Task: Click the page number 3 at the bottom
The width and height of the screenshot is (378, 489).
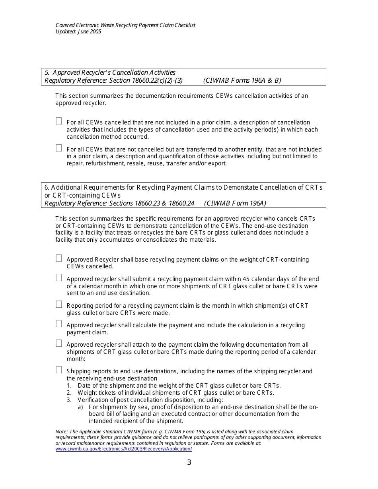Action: point(189,462)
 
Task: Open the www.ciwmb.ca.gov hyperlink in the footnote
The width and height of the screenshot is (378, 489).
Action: point(123,449)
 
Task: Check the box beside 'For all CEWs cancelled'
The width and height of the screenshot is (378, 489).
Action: point(59,121)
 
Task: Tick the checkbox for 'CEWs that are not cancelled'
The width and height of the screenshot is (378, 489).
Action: point(59,148)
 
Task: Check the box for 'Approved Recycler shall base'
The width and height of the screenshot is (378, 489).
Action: point(59,258)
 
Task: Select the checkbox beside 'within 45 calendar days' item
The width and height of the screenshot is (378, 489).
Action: point(59,277)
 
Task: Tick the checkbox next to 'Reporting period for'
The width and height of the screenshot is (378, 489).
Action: point(59,304)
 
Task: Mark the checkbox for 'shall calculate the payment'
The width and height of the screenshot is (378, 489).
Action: point(59,324)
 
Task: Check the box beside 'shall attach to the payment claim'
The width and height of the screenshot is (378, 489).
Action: point(59,343)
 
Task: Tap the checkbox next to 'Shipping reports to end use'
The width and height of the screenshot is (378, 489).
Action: point(59,370)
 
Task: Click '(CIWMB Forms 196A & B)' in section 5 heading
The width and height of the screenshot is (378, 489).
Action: point(242,80)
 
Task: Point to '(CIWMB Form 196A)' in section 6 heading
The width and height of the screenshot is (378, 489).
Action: point(235,203)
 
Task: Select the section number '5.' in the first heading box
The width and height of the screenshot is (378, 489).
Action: point(47,72)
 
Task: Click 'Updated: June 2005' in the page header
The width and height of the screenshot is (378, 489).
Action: point(78,31)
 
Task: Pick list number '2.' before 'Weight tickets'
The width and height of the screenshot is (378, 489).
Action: point(69,393)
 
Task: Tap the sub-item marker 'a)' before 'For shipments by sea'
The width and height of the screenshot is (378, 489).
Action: point(80,407)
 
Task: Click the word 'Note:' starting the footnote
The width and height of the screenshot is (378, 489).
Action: point(62,431)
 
